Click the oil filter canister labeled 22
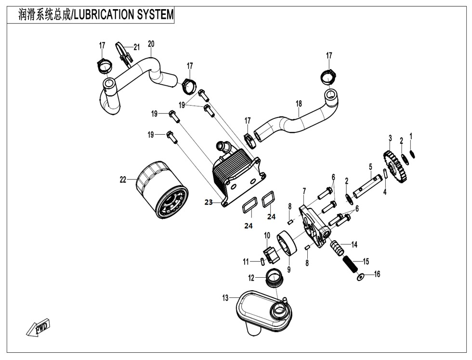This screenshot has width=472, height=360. click(159, 191)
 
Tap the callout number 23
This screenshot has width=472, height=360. click(208, 203)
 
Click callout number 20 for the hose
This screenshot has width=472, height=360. click(151, 44)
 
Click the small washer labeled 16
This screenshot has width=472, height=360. click(360, 277)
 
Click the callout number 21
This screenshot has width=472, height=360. click(137, 47)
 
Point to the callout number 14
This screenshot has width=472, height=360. click(354, 244)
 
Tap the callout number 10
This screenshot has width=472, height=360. click(267, 235)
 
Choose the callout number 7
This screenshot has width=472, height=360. click(304, 191)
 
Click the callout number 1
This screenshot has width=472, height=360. click(411, 136)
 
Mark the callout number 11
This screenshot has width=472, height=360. click(246, 262)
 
